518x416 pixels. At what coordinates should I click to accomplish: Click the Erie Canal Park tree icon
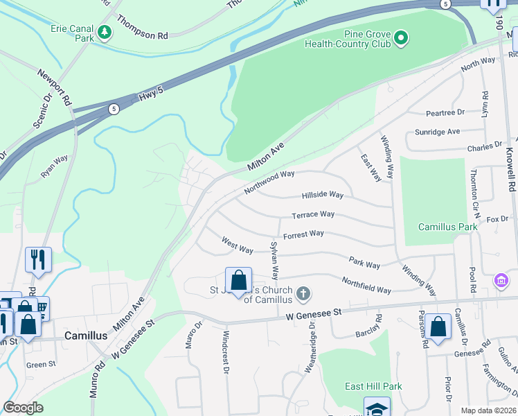(104, 32)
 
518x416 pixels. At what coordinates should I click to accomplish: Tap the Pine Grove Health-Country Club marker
(401, 39)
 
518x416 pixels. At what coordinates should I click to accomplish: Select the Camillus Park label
(448, 227)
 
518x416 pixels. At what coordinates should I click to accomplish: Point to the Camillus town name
(86, 335)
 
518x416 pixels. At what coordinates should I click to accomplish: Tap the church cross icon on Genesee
(303, 294)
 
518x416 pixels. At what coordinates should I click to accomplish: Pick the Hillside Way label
(322, 196)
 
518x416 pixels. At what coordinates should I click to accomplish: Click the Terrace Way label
(313, 215)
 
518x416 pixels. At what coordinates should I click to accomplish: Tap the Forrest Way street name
(303, 234)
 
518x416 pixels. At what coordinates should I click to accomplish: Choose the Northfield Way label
(366, 285)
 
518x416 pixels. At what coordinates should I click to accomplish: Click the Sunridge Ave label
(437, 131)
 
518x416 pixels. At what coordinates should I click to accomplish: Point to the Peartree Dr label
(445, 112)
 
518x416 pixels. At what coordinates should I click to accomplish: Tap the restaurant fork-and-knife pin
(38, 260)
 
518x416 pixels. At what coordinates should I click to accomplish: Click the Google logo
(24, 408)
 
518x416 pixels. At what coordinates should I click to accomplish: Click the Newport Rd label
(55, 87)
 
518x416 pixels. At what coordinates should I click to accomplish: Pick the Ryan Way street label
(55, 167)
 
